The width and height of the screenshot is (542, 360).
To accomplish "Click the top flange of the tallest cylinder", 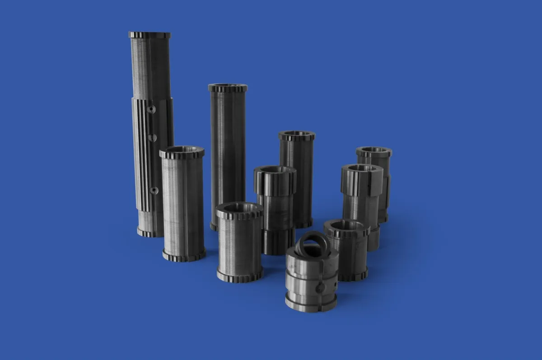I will click(150, 35).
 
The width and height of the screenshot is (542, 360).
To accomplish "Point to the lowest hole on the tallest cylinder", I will click(154, 190).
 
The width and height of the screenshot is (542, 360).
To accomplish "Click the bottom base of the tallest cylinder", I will click(150, 232).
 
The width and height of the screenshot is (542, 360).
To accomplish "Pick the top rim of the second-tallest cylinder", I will click(228, 88).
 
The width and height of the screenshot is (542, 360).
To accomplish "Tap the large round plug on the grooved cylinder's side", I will click(319, 287).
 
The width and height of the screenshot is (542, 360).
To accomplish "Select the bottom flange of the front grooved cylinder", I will click(311, 303).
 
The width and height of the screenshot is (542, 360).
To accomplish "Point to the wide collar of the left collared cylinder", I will click(275, 182).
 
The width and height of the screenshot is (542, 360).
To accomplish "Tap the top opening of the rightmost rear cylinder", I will click(374, 150).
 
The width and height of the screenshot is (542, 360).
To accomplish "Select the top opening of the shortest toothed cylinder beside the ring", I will click(346, 225).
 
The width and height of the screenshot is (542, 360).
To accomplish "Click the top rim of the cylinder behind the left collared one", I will click(297, 135).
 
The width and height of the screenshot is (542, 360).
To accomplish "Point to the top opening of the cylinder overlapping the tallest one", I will click(182, 150).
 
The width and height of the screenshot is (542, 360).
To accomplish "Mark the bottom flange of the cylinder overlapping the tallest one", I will click(184, 256).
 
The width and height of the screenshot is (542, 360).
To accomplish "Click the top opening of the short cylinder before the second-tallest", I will click(239, 208).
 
